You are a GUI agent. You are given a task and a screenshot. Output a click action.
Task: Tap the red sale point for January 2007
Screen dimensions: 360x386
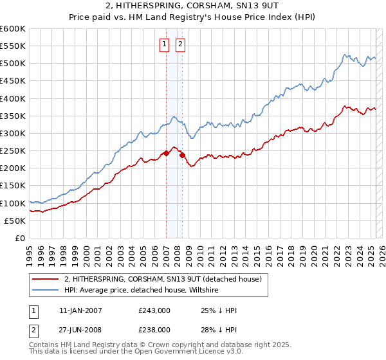coord(166,153)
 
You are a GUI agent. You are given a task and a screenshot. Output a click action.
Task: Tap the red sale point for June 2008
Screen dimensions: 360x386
coord(182,155)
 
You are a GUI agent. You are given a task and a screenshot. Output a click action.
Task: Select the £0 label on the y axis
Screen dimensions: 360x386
coord(19,238)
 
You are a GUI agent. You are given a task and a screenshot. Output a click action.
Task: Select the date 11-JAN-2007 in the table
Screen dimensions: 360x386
coord(80,310)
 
